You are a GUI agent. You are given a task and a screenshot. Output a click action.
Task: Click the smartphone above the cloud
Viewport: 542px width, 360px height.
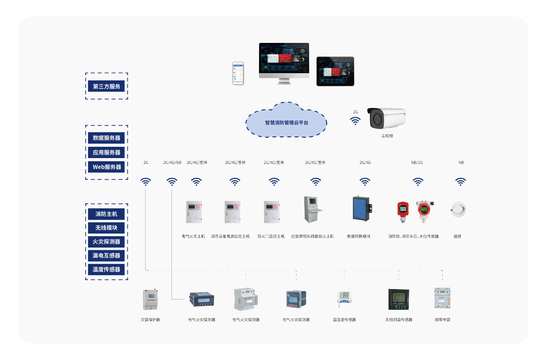(238, 73)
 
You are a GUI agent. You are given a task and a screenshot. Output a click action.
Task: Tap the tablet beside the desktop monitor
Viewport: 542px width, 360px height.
(335, 71)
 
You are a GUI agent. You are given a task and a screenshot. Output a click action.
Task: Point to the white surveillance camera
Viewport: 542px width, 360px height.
(386, 118)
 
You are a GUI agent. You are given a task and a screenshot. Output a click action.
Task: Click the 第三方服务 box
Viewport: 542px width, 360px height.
(107, 86)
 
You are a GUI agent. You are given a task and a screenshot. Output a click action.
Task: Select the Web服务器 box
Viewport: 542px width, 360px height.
(107, 167)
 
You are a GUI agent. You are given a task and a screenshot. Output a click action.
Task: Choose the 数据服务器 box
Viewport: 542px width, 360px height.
(107, 138)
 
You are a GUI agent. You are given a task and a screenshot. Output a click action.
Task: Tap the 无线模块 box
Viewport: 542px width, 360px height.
(107, 228)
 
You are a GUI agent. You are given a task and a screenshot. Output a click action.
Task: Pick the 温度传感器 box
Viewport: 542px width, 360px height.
(107, 269)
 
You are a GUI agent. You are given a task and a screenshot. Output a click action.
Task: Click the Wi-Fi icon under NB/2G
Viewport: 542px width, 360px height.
(418, 182)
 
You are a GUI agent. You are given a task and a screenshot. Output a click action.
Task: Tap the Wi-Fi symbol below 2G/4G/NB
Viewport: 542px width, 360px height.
(172, 182)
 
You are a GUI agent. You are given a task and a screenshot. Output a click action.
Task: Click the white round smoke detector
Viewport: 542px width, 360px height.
(458, 209)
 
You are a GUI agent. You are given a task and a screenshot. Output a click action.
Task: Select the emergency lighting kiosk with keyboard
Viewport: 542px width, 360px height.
(312, 209)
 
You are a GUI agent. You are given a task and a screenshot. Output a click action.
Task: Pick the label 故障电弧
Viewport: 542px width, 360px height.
(442, 320)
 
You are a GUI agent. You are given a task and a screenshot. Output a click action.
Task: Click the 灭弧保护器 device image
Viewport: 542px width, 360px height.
(150, 299)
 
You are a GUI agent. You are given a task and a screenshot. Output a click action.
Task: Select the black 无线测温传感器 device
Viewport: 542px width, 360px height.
(399, 299)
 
